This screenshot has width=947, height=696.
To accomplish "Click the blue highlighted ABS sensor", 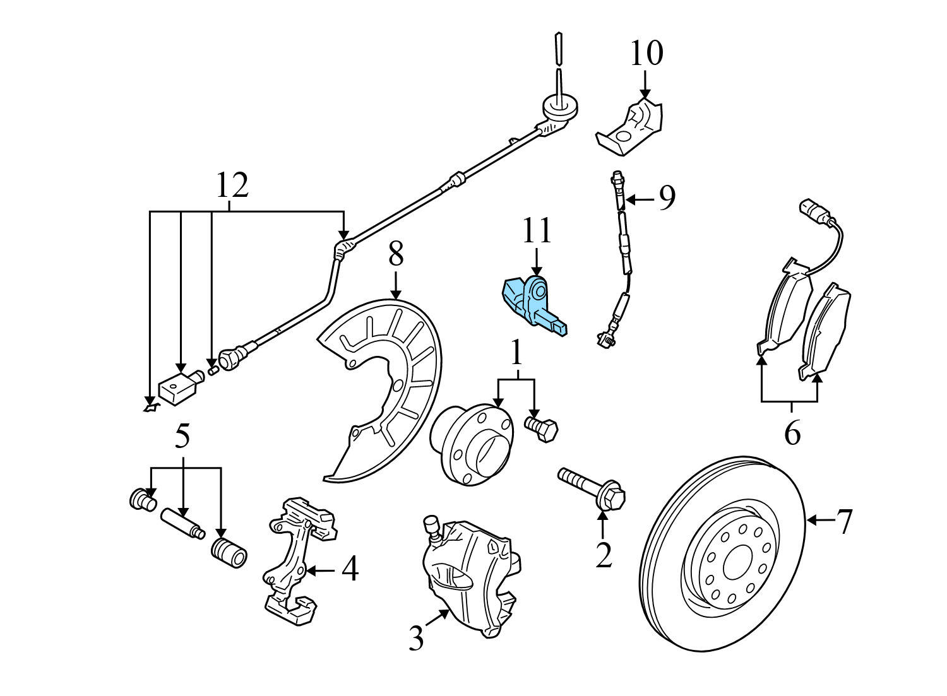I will [x=533, y=302].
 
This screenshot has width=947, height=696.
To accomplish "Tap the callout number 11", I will [x=536, y=231].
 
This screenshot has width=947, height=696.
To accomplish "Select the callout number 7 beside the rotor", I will [x=845, y=521].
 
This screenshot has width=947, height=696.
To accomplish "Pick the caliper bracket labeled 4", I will [x=297, y=555].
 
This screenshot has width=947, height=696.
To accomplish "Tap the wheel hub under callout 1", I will [x=470, y=445].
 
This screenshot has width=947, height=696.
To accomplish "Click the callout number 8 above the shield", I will [x=395, y=256].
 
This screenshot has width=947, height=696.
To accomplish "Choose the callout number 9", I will [x=667, y=198].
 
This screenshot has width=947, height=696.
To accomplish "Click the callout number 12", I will [x=232, y=186].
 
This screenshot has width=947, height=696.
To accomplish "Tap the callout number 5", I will [x=182, y=436].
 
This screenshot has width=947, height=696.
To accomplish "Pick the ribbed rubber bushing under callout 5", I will [x=229, y=553].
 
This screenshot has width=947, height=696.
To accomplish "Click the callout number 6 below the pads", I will [x=792, y=434].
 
